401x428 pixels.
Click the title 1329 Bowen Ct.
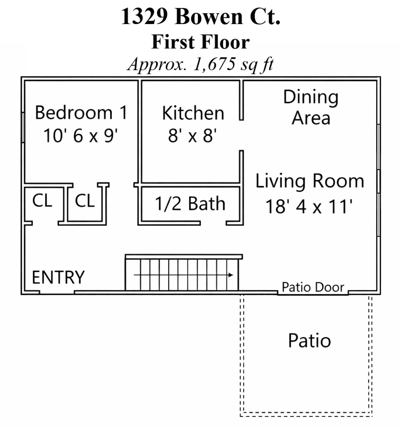[x=201, y=16]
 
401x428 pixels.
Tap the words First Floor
[x=201, y=42]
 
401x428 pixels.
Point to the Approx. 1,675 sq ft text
[x=201, y=64]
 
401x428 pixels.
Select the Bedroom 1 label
[x=81, y=113]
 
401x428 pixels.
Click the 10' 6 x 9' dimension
[x=81, y=135]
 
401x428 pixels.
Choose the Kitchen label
[x=193, y=113]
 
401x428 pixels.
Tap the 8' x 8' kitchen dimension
[x=192, y=135]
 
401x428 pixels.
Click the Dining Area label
[x=311, y=107]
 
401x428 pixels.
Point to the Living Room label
[x=310, y=182]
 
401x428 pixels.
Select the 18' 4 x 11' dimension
[x=309, y=207]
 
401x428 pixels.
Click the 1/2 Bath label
[x=190, y=204]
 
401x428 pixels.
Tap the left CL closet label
[x=42, y=201]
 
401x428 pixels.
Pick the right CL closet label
[x=85, y=201]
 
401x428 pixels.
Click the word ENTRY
[x=59, y=277]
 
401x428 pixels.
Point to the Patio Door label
[x=313, y=287]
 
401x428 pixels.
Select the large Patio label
[x=310, y=341]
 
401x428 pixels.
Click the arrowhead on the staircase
[x=231, y=275]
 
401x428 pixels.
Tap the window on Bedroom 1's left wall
[x=23, y=127]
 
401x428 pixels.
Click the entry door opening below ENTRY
[x=57, y=293]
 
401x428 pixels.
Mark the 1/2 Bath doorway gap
[x=213, y=223]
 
